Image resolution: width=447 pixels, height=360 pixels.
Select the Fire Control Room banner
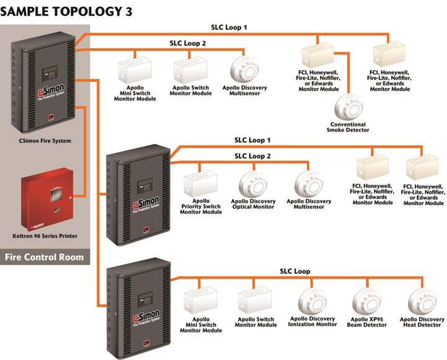click(x=46, y=256)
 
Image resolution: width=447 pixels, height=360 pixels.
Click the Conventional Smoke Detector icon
click(x=350, y=106)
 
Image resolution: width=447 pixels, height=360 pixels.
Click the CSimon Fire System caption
click(x=44, y=141)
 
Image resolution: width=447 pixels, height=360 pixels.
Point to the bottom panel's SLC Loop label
click(x=294, y=271)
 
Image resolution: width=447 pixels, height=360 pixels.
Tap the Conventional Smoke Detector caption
click(x=349, y=126)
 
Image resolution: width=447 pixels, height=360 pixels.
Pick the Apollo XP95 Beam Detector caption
click(x=370, y=322)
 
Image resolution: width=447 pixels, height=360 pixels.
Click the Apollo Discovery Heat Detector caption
click(x=426, y=322)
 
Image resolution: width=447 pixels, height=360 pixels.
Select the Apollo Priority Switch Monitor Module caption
click(x=201, y=206)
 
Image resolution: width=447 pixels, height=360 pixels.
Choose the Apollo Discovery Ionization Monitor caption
click(x=312, y=322)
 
